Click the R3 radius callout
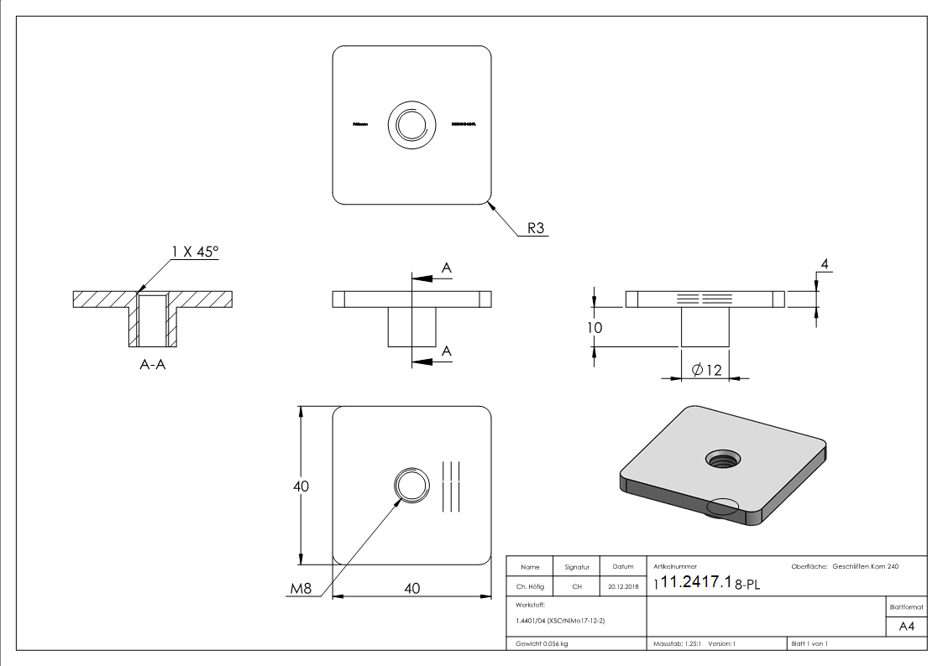click(535, 227)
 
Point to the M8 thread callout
click(301, 589)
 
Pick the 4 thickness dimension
click(825, 265)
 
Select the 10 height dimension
click(595, 327)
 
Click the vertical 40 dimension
click(301, 486)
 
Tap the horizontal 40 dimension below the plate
click(411, 589)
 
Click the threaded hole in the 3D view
click(721, 458)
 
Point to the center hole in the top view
click(411, 125)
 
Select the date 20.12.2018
click(622, 587)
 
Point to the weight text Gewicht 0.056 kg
click(542, 643)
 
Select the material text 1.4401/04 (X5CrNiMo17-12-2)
click(561, 620)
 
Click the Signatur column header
click(577, 567)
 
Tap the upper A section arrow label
click(447, 268)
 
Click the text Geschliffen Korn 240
click(865, 567)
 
